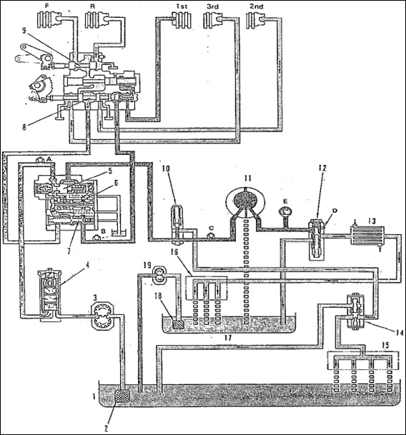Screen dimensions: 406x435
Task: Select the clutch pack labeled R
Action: pyautogui.click(x=95, y=19)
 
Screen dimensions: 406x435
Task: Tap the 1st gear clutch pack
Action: pyautogui.click(x=182, y=19)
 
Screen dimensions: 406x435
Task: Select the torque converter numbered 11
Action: pyautogui.click(x=245, y=201)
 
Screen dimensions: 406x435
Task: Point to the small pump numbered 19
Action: pyautogui.click(x=159, y=275)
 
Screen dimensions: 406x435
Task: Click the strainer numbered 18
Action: pyautogui.click(x=177, y=324)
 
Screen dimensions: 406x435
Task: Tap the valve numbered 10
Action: pyautogui.click(x=177, y=225)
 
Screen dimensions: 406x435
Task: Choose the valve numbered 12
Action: pyautogui.click(x=317, y=239)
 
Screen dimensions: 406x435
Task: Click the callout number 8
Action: pyautogui.click(x=24, y=128)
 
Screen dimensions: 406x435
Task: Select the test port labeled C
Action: pyautogui.click(x=212, y=235)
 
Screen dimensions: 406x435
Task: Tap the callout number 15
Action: pyautogui.click(x=385, y=345)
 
